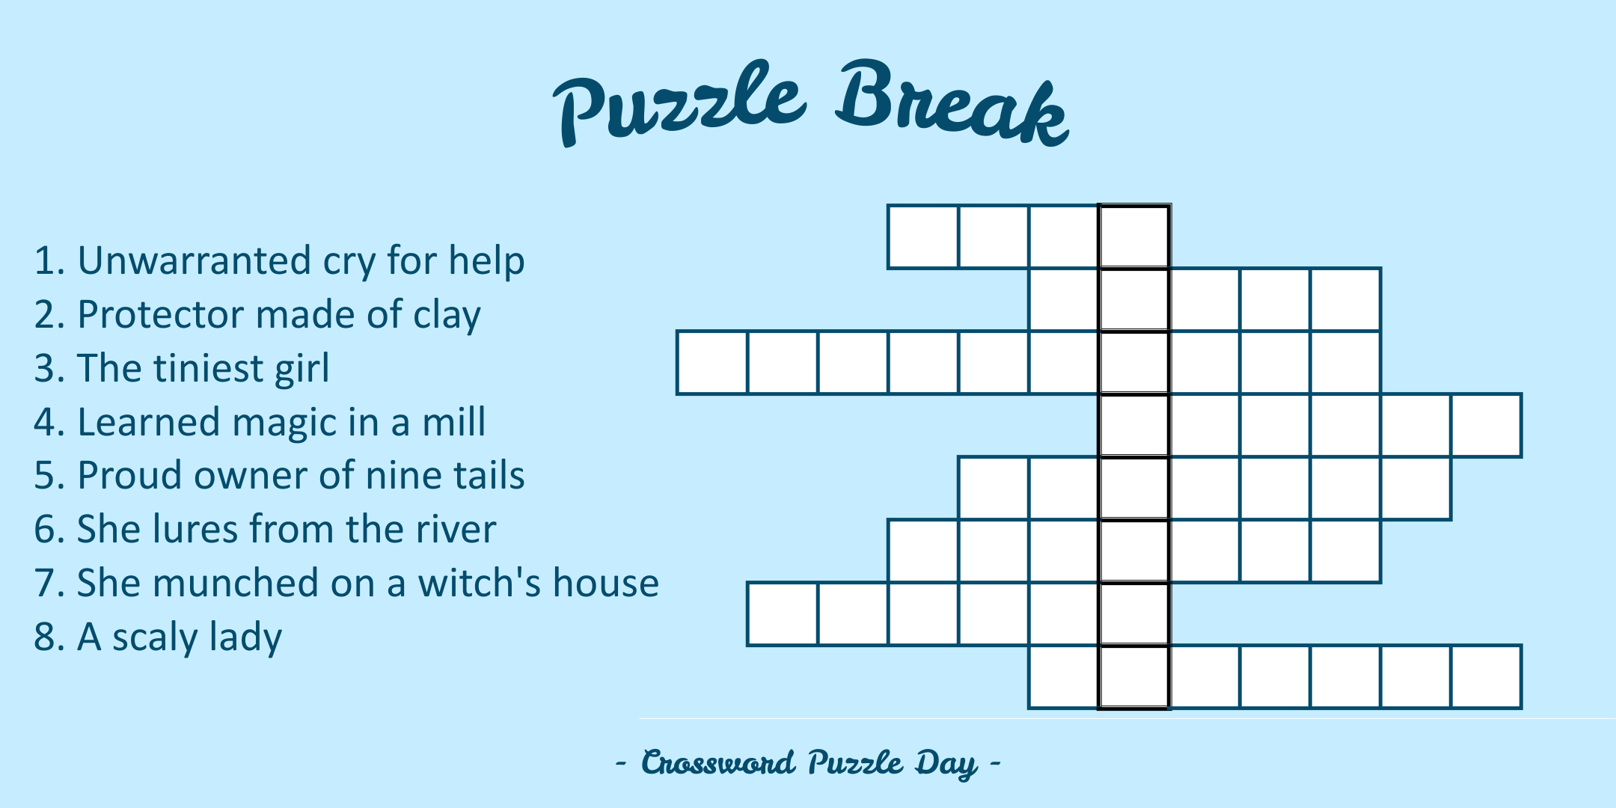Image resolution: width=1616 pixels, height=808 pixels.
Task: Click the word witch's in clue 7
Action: [x=479, y=583]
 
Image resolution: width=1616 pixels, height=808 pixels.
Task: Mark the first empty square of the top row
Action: [x=923, y=236]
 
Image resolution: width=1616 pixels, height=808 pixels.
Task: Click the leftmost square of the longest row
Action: [x=712, y=362]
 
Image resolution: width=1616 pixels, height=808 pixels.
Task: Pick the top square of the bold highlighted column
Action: [x=1134, y=236]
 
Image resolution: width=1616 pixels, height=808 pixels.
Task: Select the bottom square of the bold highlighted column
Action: [x=1134, y=676]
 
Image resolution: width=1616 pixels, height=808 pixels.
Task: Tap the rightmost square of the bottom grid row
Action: [x=1487, y=676]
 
